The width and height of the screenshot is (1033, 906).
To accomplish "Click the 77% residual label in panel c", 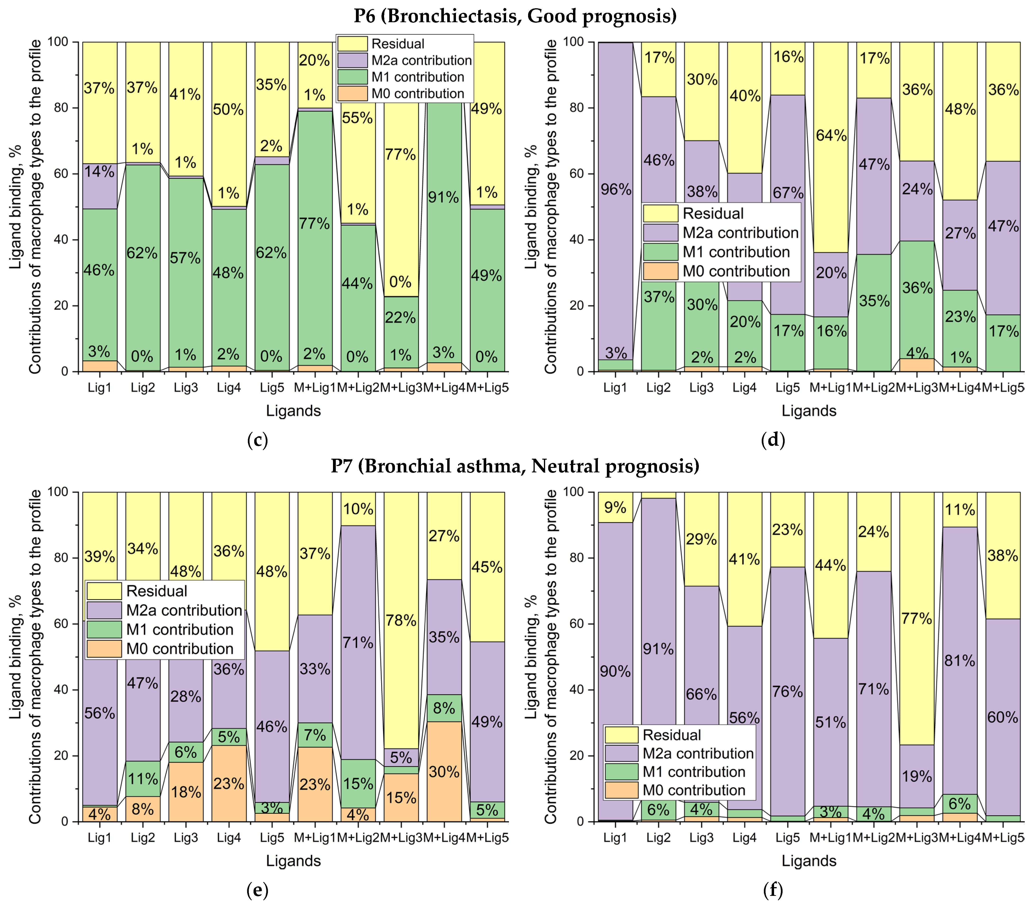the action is (400, 154).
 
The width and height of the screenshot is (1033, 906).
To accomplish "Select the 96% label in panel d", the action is (616, 189).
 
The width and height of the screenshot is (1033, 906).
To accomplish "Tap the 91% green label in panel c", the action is (443, 197).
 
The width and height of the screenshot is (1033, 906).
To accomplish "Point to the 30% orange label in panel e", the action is (444, 772).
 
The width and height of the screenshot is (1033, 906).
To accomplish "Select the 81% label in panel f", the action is (959, 660).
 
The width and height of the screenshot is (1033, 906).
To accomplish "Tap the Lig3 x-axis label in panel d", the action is (701, 388).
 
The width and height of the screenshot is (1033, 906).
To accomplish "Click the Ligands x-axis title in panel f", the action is (809, 861).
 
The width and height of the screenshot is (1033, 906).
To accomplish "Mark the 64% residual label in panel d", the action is (831, 135).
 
